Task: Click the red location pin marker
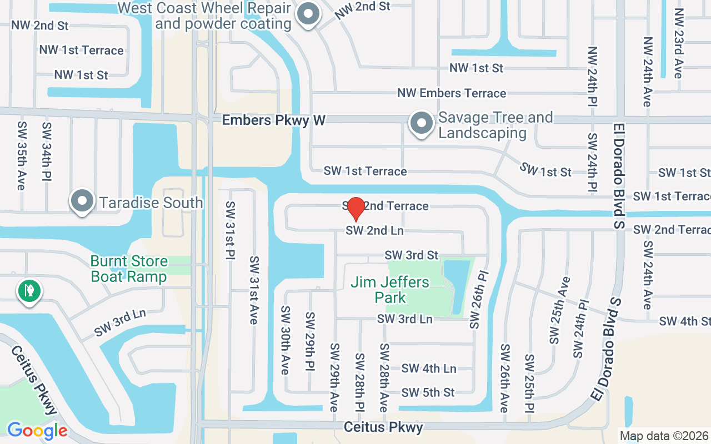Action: pos(355,208)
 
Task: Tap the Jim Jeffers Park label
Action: pos(390,290)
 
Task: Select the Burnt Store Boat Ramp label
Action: pos(129,269)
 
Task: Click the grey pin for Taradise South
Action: pos(82,201)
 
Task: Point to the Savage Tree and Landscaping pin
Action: pos(421,124)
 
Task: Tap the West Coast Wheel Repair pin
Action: pos(307,15)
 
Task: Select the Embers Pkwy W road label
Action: pos(273,120)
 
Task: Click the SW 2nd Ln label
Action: pos(375,230)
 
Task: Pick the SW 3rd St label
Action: pos(412,255)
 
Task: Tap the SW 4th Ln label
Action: pos(428,368)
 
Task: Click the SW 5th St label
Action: pos(428,392)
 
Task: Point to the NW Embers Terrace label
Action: pos(452,93)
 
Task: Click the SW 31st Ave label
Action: pos(254,290)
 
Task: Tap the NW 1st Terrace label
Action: pos(81,50)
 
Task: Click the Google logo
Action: pos(37,430)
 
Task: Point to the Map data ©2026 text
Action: pos(664,436)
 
